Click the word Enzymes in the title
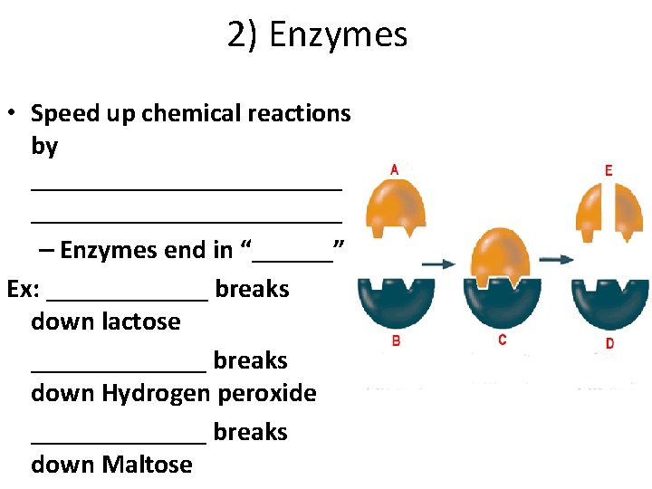pos(339,35)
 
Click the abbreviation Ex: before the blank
pos(24,289)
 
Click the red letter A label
pos(394,169)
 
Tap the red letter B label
pos(396,341)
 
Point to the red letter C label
pos(502,340)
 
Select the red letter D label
pos(609,343)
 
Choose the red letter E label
pos(609,170)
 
